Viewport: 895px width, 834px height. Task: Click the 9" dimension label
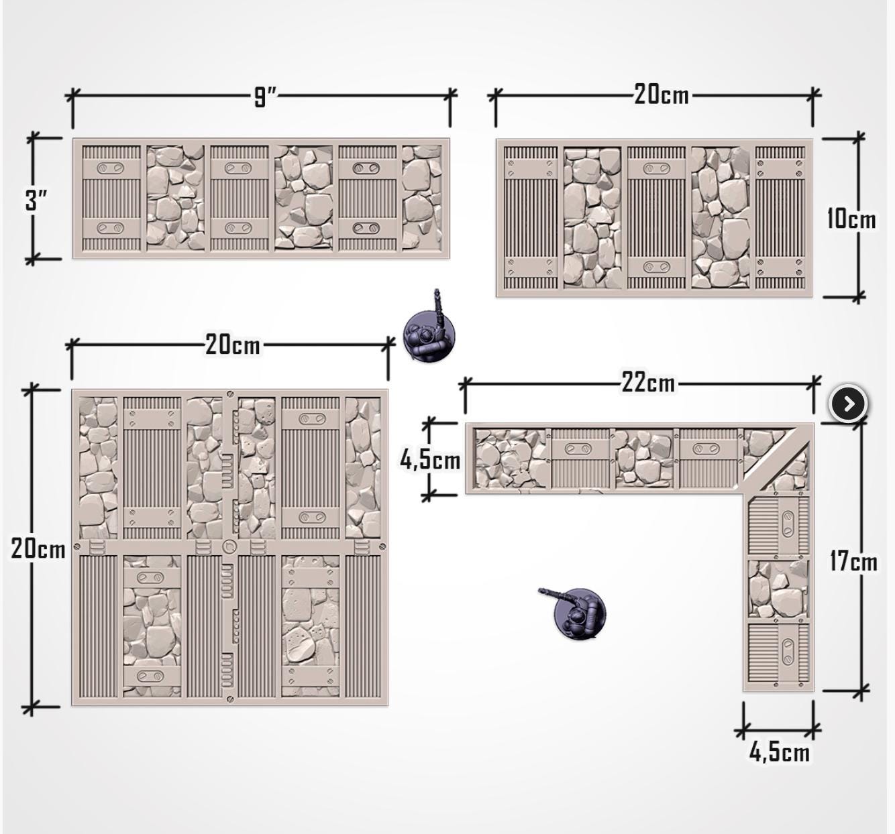tap(264, 97)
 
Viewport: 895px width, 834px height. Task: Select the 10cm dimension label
tap(851, 219)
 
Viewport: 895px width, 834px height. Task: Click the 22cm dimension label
tap(649, 383)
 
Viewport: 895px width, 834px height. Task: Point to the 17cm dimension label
tap(853, 562)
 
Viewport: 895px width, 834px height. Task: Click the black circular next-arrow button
tap(848, 404)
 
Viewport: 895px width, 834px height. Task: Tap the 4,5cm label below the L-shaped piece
tap(779, 752)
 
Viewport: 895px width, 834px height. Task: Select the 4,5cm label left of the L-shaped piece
tap(430, 460)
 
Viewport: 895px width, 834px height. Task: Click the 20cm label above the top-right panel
tap(662, 95)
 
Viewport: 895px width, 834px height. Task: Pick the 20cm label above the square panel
tap(233, 345)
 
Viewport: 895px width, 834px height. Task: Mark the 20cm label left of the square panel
tap(38, 549)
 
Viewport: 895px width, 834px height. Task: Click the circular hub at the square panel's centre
tap(229, 546)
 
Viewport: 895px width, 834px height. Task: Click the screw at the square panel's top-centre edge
tap(230, 394)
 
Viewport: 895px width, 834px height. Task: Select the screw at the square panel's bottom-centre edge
tap(230, 700)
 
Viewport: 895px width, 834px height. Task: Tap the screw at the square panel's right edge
tap(382, 546)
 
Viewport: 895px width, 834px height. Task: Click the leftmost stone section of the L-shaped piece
tap(513, 459)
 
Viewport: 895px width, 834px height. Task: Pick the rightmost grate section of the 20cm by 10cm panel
tap(780, 217)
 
